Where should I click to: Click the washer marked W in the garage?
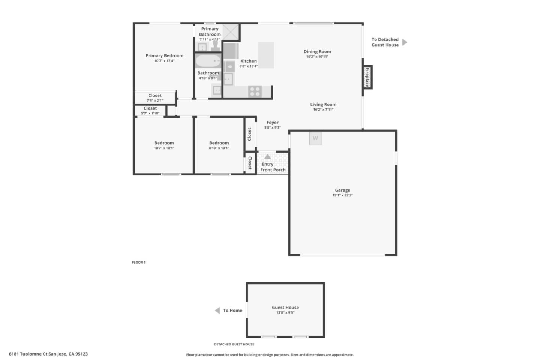click(x=315, y=138)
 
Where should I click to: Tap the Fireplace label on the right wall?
click(x=367, y=77)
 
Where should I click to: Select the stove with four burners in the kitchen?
click(x=255, y=91)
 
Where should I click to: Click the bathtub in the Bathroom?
click(x=208, y=61)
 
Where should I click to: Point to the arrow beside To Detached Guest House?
click(x=405, y=42)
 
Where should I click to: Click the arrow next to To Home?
click(x=217, y=310)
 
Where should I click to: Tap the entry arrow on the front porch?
click(x=268, y=157)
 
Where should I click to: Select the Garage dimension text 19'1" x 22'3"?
click(x=343, y=195)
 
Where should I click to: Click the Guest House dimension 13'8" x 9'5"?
click(x=285, y=312)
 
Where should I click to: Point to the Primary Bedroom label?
click(x=164, y=56)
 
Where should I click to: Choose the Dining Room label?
click(x=317, y=52)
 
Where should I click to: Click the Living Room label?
click(x=323, y=104)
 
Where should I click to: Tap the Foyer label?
click(x=273, y=123)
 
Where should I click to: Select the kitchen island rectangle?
click(x=266, y=55)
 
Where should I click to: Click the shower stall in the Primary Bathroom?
click(x=231, y=32)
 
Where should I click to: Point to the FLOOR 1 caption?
click(x=139, y=262)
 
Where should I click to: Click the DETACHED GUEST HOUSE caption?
click(x=234, y=344)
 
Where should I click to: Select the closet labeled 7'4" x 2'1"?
click(x=155, y=97)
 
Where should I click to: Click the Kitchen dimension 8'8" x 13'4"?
click(x=249, y=66)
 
